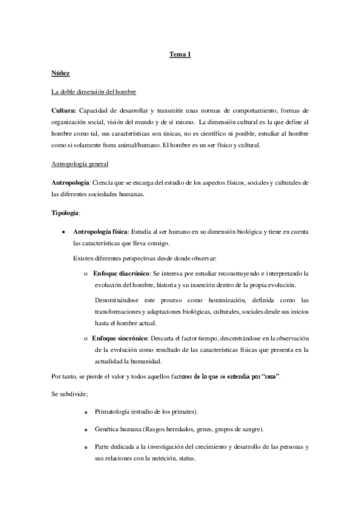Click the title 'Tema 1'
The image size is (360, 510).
click(180, 55)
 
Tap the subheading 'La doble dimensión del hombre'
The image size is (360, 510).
click(94, 92)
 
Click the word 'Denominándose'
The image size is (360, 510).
click(120, 300)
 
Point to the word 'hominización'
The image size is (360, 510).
click(224, 300)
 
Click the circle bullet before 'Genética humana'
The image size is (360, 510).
click(87, 430)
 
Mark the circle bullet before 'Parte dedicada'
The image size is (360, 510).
click(87, 448)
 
